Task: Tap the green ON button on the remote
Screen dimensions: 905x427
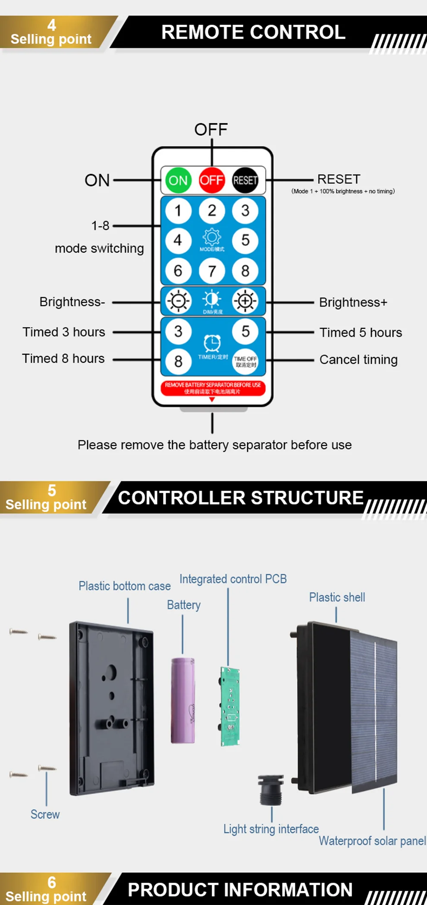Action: pyautogui.click(x=178, y=180)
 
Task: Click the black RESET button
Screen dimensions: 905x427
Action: pyautogui.click(x=245, y=180)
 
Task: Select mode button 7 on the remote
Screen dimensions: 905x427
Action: pyautogui.click(x=212, y=271)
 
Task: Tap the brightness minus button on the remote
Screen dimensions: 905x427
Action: pyautogui.click(x=178, y=301)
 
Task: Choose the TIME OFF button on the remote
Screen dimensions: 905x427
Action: pyautogui.click(x=245, y=361)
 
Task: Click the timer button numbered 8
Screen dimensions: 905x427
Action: pyautogui.click(x=178, y=361)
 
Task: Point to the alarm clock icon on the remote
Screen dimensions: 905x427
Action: pyautogui.click(x=212, y=343)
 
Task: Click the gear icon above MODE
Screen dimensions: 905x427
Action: pyautogui.click(x=212, y=237)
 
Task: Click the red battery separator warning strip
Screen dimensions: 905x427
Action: pyautogui.click(x=213, y=388)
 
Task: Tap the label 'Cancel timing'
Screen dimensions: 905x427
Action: pyautogui.click(x=358, y=359)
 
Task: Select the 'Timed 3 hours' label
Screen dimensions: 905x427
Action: pyautogui.click(x=64, y=332)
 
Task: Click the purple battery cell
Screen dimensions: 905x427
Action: pyautogui.click(x=183, y=700)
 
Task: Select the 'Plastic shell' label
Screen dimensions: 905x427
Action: pyautogui.click(x=337, y=597)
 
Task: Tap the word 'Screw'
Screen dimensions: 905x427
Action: pyautogui.click(x=45, y=814)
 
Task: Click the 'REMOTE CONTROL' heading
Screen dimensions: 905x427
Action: pyautogui.click(x=253, y=32)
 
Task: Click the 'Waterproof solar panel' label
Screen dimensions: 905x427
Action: pyautogui.click(x=372, y=841)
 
